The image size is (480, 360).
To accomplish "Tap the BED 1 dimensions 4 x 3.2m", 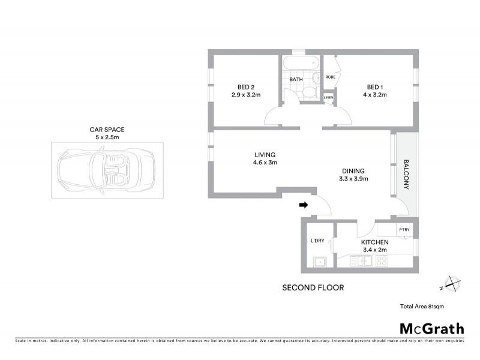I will (x=374, y=95).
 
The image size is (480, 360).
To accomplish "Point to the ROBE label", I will (x=330, y=77).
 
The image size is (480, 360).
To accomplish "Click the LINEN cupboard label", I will (x=328, y=97).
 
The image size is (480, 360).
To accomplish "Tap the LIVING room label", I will (x=264, y=154).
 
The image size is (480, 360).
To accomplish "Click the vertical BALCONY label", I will (x=406, y=175).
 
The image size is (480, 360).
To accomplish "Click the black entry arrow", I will (x=304, y=205).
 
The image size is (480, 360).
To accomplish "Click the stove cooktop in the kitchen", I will (x=381, y=260).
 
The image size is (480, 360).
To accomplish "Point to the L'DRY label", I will (x=317, y=241).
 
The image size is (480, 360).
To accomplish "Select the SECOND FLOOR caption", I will (x=313, y=288).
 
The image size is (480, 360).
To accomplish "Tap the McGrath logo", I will (x=432, y=328).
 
